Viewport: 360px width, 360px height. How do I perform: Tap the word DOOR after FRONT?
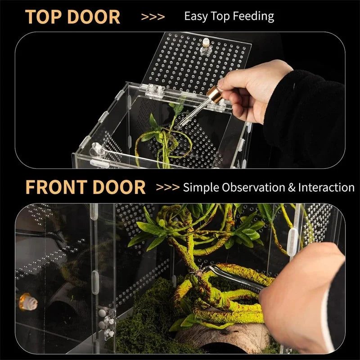(x=117, y=187)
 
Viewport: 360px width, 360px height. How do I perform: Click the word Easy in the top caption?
(x=197, y=17)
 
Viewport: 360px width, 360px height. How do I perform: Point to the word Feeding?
(x=254, y=17)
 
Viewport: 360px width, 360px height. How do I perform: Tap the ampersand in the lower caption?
(x=292, y=187)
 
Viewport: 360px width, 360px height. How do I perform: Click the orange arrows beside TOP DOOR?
(x=153, y=17)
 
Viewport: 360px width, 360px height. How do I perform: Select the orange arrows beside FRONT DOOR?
(x=167, y=187)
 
